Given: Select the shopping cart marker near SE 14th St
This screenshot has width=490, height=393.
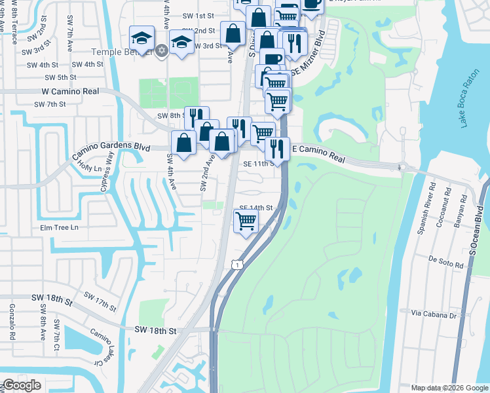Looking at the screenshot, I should (246, 221).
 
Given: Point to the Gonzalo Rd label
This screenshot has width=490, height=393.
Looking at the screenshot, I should (12, 322).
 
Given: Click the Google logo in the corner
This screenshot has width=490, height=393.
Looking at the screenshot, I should (22, 385).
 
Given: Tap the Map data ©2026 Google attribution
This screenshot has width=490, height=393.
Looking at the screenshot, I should (449, 388).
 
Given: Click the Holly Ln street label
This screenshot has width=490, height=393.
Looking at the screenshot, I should (90, 168).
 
